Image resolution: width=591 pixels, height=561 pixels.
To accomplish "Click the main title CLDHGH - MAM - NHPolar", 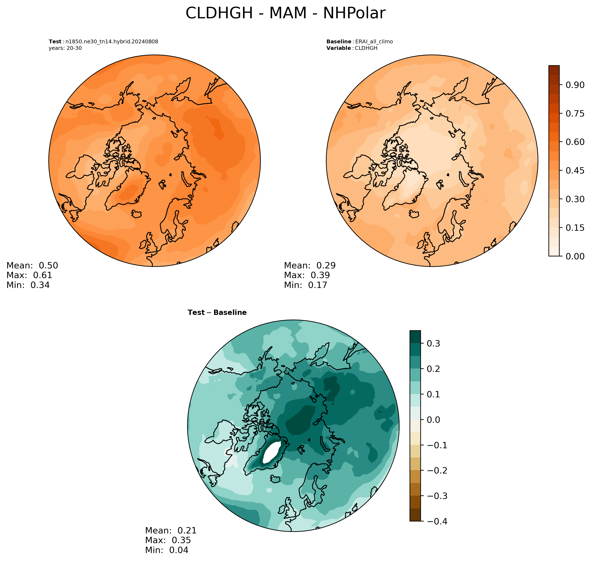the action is coord(285,13).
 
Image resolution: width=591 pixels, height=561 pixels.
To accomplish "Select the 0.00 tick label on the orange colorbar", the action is coord(575,256).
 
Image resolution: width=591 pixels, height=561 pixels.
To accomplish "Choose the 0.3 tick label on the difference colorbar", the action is coord(433,343).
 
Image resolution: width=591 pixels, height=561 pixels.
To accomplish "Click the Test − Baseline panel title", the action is coord(217,313).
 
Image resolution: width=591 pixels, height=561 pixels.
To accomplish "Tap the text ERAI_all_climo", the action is coord(374,42).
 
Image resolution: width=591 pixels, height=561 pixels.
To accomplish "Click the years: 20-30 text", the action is coord(65,48).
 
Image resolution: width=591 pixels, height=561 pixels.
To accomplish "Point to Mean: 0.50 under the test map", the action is coord(32,265).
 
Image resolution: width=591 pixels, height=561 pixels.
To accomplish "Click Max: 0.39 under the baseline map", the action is coord(307,275).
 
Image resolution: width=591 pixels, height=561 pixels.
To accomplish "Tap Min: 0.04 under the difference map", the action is coord(167,550).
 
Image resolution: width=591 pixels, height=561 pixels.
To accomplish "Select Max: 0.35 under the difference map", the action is coord(168,540).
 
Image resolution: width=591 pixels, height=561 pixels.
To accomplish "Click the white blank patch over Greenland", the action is coord(272,452).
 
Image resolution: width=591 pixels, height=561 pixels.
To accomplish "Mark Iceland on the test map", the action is coord(136,214).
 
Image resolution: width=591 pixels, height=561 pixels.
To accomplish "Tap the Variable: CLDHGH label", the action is coord(352,48).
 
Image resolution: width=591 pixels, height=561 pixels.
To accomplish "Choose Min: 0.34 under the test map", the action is coord(28,285).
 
